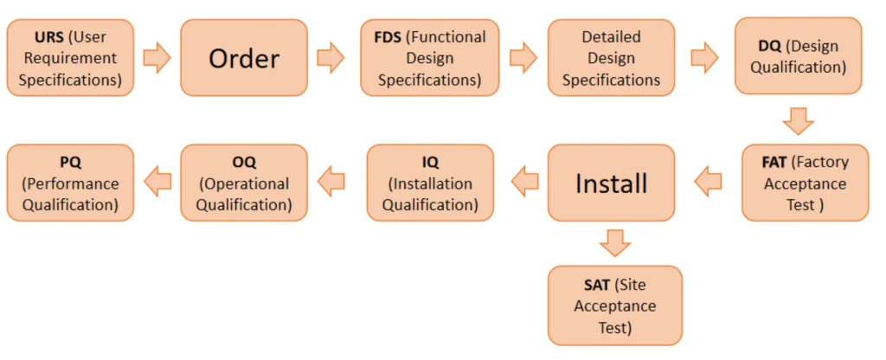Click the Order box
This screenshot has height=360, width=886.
pos(244,58)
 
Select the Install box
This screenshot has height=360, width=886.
pos(611,183)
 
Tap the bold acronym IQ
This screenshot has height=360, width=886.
pos(430,162)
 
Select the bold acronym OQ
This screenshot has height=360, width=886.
pos(244,162)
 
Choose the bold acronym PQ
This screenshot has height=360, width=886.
pos(70,162)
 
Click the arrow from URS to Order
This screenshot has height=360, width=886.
pos(157,58)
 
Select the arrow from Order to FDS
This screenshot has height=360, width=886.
pos(331,58)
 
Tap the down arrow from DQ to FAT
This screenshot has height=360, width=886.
pos(798,119)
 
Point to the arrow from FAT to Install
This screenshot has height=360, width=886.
pos(708,182)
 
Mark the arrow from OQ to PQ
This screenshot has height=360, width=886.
pos(157,182)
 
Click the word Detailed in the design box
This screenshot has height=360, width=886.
pos(611,37)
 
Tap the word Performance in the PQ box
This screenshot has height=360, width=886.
pos(70,183)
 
